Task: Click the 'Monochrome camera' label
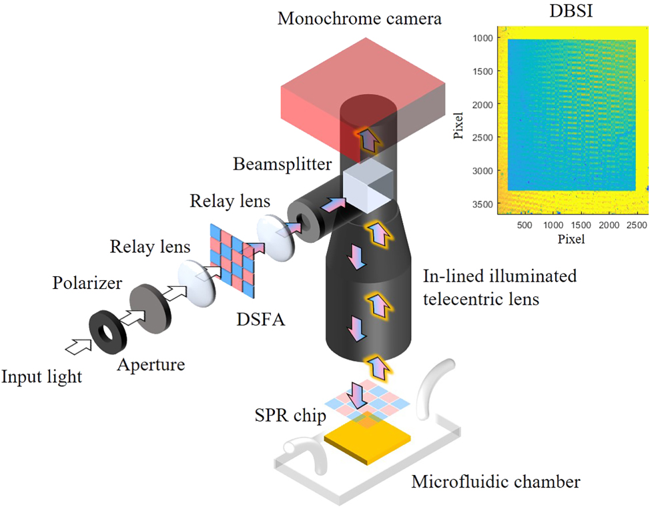tap(360, 18)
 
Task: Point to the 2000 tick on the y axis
tap(483, 104)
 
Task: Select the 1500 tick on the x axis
tap(581, 226)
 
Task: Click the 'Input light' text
tap(41, 377)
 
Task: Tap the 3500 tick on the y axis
tap(483, 204)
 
